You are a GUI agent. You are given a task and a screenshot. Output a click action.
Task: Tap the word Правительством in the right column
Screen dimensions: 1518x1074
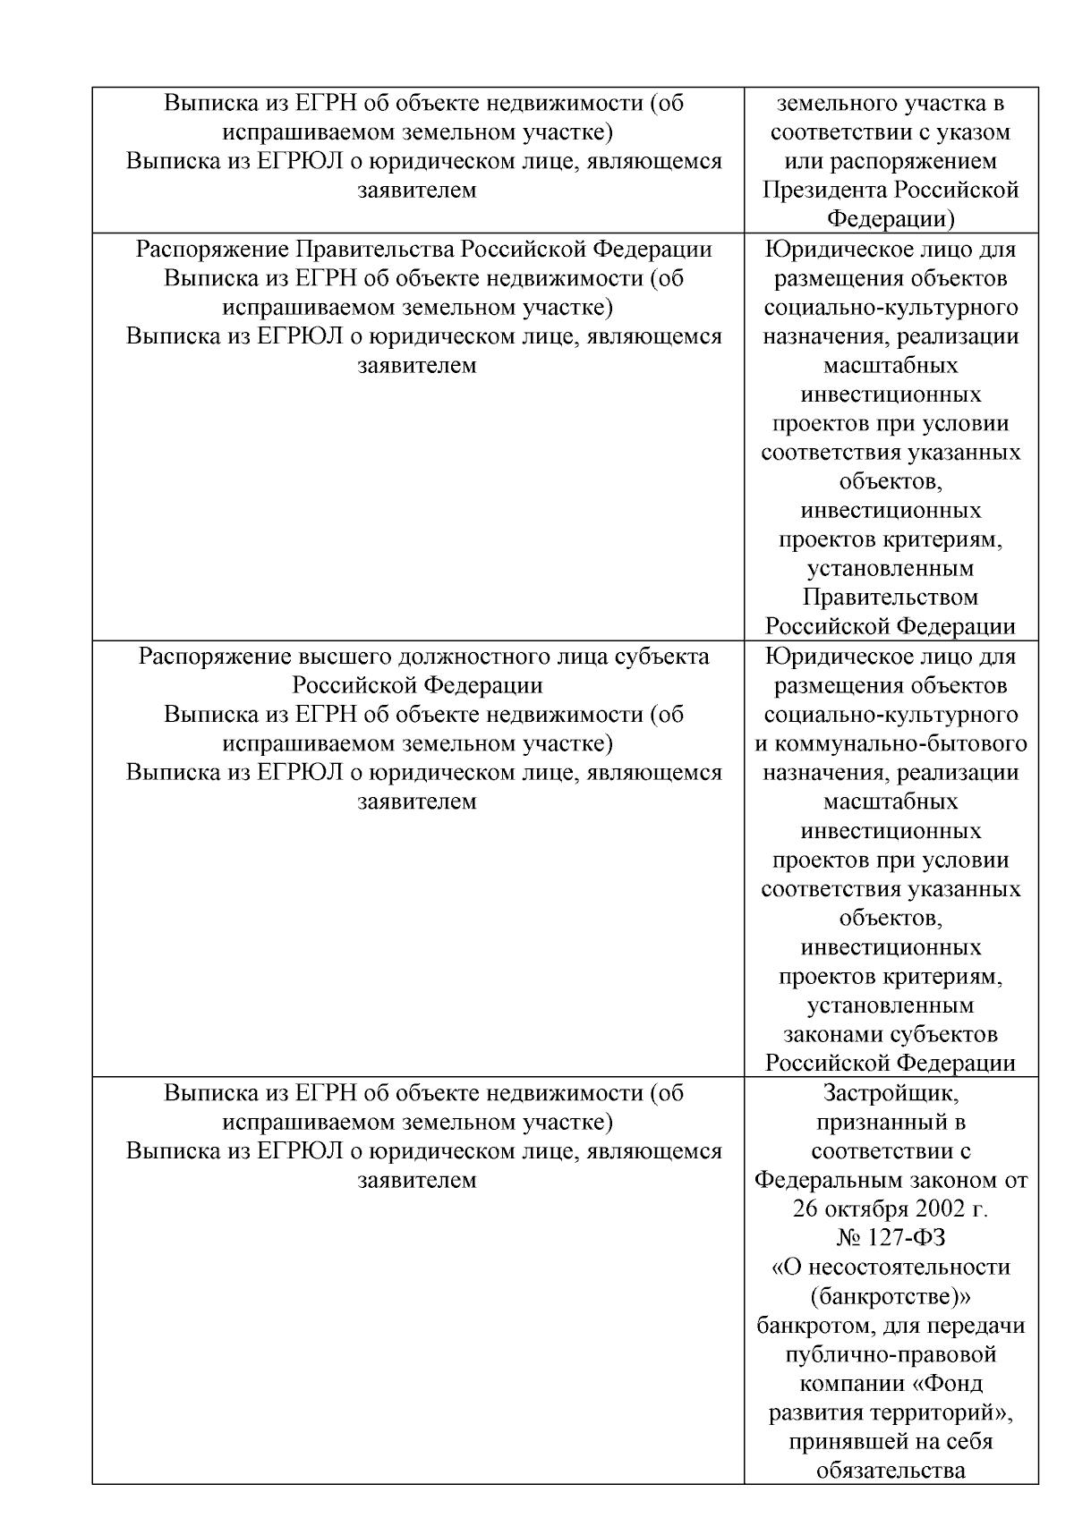[x=891, y=598]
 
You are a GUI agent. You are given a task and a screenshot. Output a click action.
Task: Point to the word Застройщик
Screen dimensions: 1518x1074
[x=891, y=1093]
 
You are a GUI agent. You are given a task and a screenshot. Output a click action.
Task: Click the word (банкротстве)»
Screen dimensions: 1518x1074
[x=891, y=1296]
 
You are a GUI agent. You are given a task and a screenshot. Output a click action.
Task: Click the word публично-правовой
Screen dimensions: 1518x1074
[x=891, y=1354]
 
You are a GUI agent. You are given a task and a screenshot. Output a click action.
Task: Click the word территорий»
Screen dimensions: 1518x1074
[x=952, y=1412]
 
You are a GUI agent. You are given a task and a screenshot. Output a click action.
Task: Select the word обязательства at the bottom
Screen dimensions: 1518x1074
[x=891, y=1471]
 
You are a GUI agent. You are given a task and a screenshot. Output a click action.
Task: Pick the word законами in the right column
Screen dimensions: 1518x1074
[x=834, y=1035]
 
